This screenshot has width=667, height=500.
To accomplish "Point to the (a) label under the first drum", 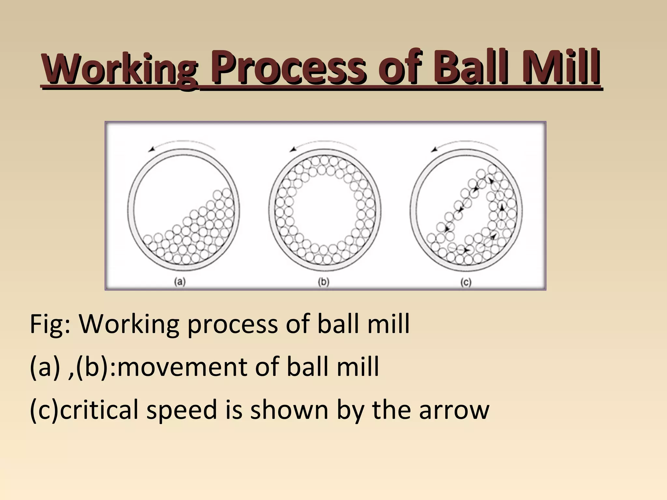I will tap(180, 282).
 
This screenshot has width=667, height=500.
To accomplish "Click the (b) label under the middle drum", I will tap(323, 282).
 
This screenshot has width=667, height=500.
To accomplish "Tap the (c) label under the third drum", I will tap(466, 282).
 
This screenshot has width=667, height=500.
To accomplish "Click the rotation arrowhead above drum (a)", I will tap(151, 149).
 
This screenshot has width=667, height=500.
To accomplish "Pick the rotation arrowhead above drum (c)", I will tap(434, 149).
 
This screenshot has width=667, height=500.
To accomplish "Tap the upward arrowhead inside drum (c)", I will tap(502, 207).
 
